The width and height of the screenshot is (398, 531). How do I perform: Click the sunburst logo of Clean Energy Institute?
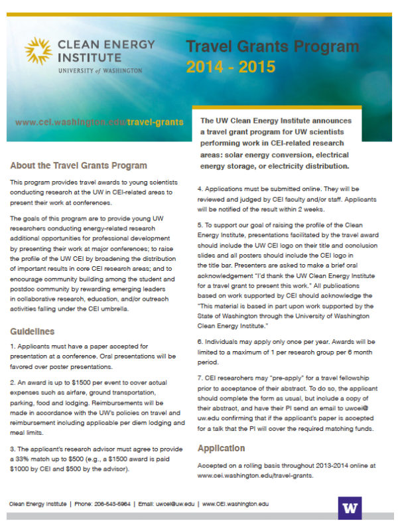(x=38, y=52)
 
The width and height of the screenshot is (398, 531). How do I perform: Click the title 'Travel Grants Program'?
(x=272, y=47)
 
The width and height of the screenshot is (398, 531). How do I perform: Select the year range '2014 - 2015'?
(x=230, y=67)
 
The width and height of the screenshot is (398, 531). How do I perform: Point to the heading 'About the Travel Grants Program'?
(x=78, y=165)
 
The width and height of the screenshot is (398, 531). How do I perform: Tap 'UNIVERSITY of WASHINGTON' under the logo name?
(x=99, y=70)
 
